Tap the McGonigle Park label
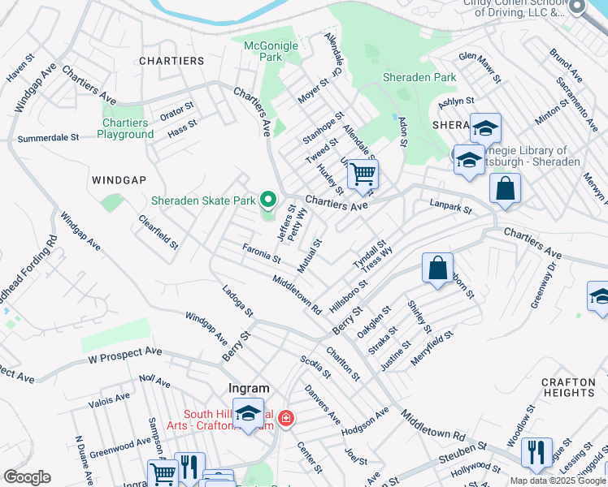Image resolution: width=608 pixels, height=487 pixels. click(271, 52)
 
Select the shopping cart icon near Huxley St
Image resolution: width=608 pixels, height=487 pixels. click(363, 174)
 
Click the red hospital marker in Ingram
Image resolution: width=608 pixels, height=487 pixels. click(285, 419)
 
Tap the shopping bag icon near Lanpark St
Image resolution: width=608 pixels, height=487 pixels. click(505, 188)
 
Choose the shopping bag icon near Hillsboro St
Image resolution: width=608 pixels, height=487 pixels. click(437, 268)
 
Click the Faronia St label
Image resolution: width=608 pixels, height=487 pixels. click(261, 252)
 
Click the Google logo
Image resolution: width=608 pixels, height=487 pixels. click(28, 477)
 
